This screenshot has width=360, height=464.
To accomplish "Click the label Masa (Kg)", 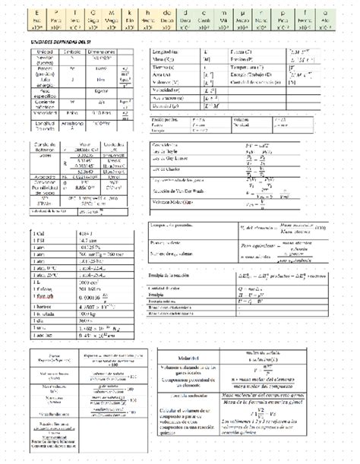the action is tap(162, 58).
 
